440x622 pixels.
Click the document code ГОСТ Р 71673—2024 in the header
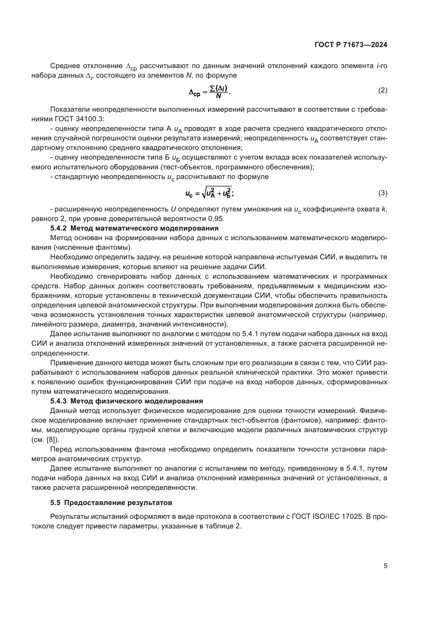(x=351, y=45)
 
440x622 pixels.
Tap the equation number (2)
(x=383, y=90)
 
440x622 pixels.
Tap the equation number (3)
(x=383, y=193)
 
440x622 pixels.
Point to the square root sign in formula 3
(x=204, y=193)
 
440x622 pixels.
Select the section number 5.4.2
(x=58, y=228)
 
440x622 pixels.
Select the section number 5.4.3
(x=58, y=401)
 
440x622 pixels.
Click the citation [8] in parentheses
(x=51, y=439)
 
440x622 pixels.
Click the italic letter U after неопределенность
(x=173, y=209)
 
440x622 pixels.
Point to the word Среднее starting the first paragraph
(x=65, y=66)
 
